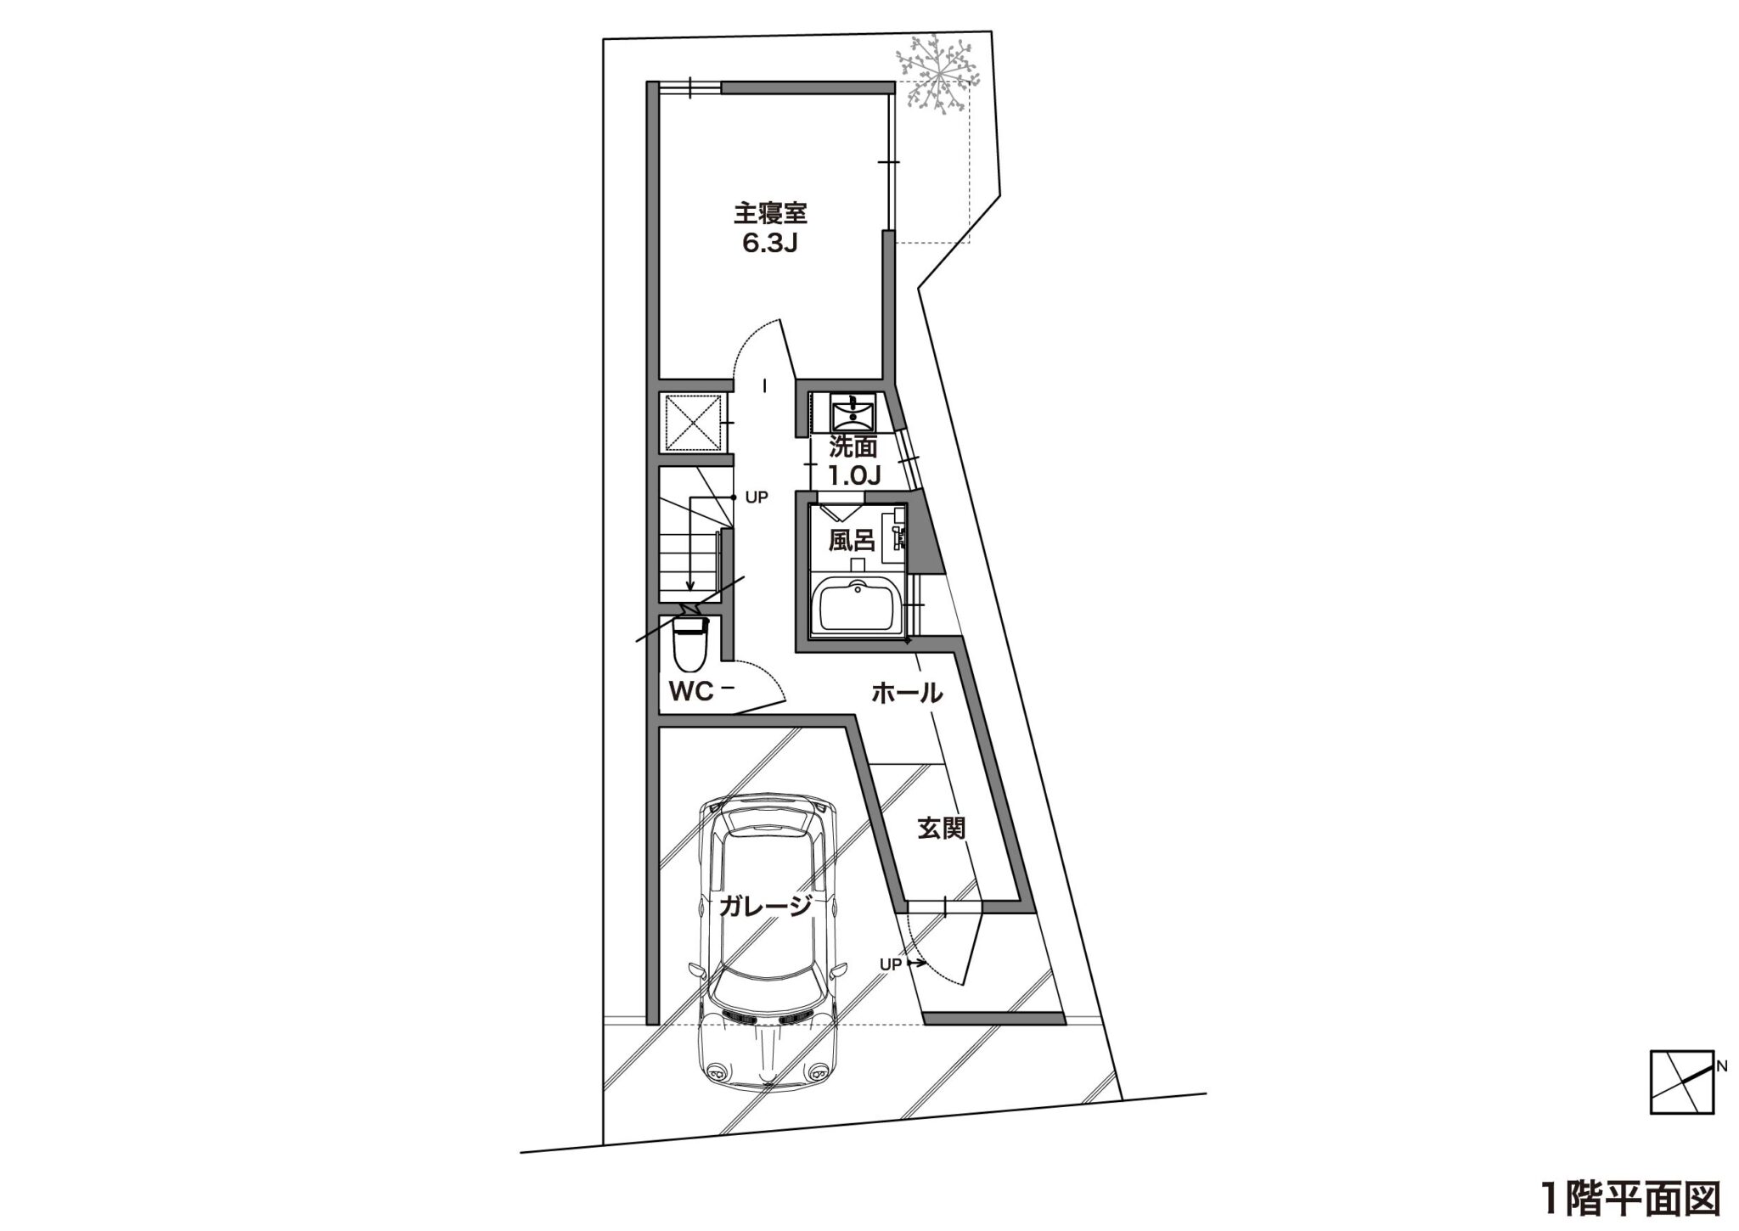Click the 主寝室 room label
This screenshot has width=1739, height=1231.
[770, 211]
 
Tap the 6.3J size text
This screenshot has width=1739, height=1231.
[771, 245]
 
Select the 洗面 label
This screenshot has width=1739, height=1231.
[853, 447]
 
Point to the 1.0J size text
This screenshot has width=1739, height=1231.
[853, 475]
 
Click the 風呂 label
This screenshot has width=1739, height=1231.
[852, 541]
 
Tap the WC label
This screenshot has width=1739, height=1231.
[691, 692]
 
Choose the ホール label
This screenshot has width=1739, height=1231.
[907, 694]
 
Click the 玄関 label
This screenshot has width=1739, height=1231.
[942, 828]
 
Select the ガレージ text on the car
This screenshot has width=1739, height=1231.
[764, 907]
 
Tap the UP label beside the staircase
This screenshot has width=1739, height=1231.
[756, 497]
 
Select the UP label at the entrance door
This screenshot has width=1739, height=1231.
[890, 964]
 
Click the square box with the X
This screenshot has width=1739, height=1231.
[695, 423]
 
